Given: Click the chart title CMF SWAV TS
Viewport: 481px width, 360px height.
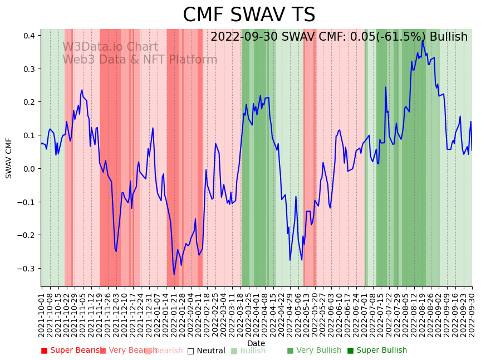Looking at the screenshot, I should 249,15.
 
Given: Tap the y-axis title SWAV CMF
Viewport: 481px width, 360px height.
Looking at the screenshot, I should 9,158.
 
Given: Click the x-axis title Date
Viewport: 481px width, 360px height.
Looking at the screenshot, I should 256,343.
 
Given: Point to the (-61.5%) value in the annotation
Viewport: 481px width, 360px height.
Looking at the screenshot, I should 395,37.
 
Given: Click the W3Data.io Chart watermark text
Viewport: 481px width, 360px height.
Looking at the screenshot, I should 110,47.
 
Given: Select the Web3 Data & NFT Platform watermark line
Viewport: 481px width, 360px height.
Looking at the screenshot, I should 140,60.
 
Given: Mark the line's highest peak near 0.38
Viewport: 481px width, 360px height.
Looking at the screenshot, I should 423,40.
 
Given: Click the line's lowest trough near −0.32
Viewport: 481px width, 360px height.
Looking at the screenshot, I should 174,274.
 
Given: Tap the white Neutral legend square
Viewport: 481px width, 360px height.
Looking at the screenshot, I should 190,351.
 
